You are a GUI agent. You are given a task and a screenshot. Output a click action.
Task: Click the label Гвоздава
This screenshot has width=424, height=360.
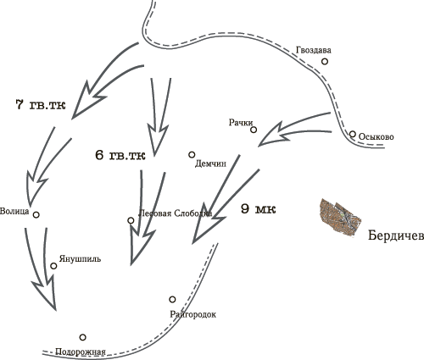point(314,50)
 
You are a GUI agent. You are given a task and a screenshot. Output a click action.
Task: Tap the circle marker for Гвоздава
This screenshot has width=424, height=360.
point(325,61)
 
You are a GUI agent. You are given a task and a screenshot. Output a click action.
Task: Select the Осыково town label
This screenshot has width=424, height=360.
point(376,137)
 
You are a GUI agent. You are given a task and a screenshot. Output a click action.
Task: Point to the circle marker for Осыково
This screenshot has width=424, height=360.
point(352,134)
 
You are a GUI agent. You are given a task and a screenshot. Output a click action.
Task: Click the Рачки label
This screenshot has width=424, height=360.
point(241,123)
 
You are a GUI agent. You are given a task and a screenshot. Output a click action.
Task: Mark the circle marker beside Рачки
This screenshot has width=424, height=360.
point(254,130)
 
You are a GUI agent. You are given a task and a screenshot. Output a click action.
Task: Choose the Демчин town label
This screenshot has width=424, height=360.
point(210,163)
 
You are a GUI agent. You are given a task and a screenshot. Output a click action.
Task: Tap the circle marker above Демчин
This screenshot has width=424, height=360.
point(192,155)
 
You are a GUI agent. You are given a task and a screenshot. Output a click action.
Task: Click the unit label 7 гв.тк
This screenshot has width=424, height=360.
point(41,105)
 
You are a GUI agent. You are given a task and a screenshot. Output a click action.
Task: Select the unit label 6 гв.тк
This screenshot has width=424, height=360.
point(120,155)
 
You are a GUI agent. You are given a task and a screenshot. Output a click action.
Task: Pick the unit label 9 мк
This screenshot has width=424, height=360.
point(259,209)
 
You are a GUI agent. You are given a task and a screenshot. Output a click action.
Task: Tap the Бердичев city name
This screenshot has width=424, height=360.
point(396,235)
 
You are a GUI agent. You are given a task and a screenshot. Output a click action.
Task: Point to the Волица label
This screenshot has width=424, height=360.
point(14,211)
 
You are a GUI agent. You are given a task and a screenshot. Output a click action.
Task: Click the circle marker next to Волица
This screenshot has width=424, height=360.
point(36,215)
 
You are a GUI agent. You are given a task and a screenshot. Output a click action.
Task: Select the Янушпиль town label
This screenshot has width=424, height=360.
point(80,258)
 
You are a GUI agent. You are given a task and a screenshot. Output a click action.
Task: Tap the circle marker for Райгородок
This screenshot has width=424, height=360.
point(172,299)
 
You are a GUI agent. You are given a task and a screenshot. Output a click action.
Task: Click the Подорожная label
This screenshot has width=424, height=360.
point(81,352)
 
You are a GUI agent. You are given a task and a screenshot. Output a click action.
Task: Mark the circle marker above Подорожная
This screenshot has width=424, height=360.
point(82,337)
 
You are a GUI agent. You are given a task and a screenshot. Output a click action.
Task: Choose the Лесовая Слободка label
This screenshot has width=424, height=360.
point(176,213)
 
